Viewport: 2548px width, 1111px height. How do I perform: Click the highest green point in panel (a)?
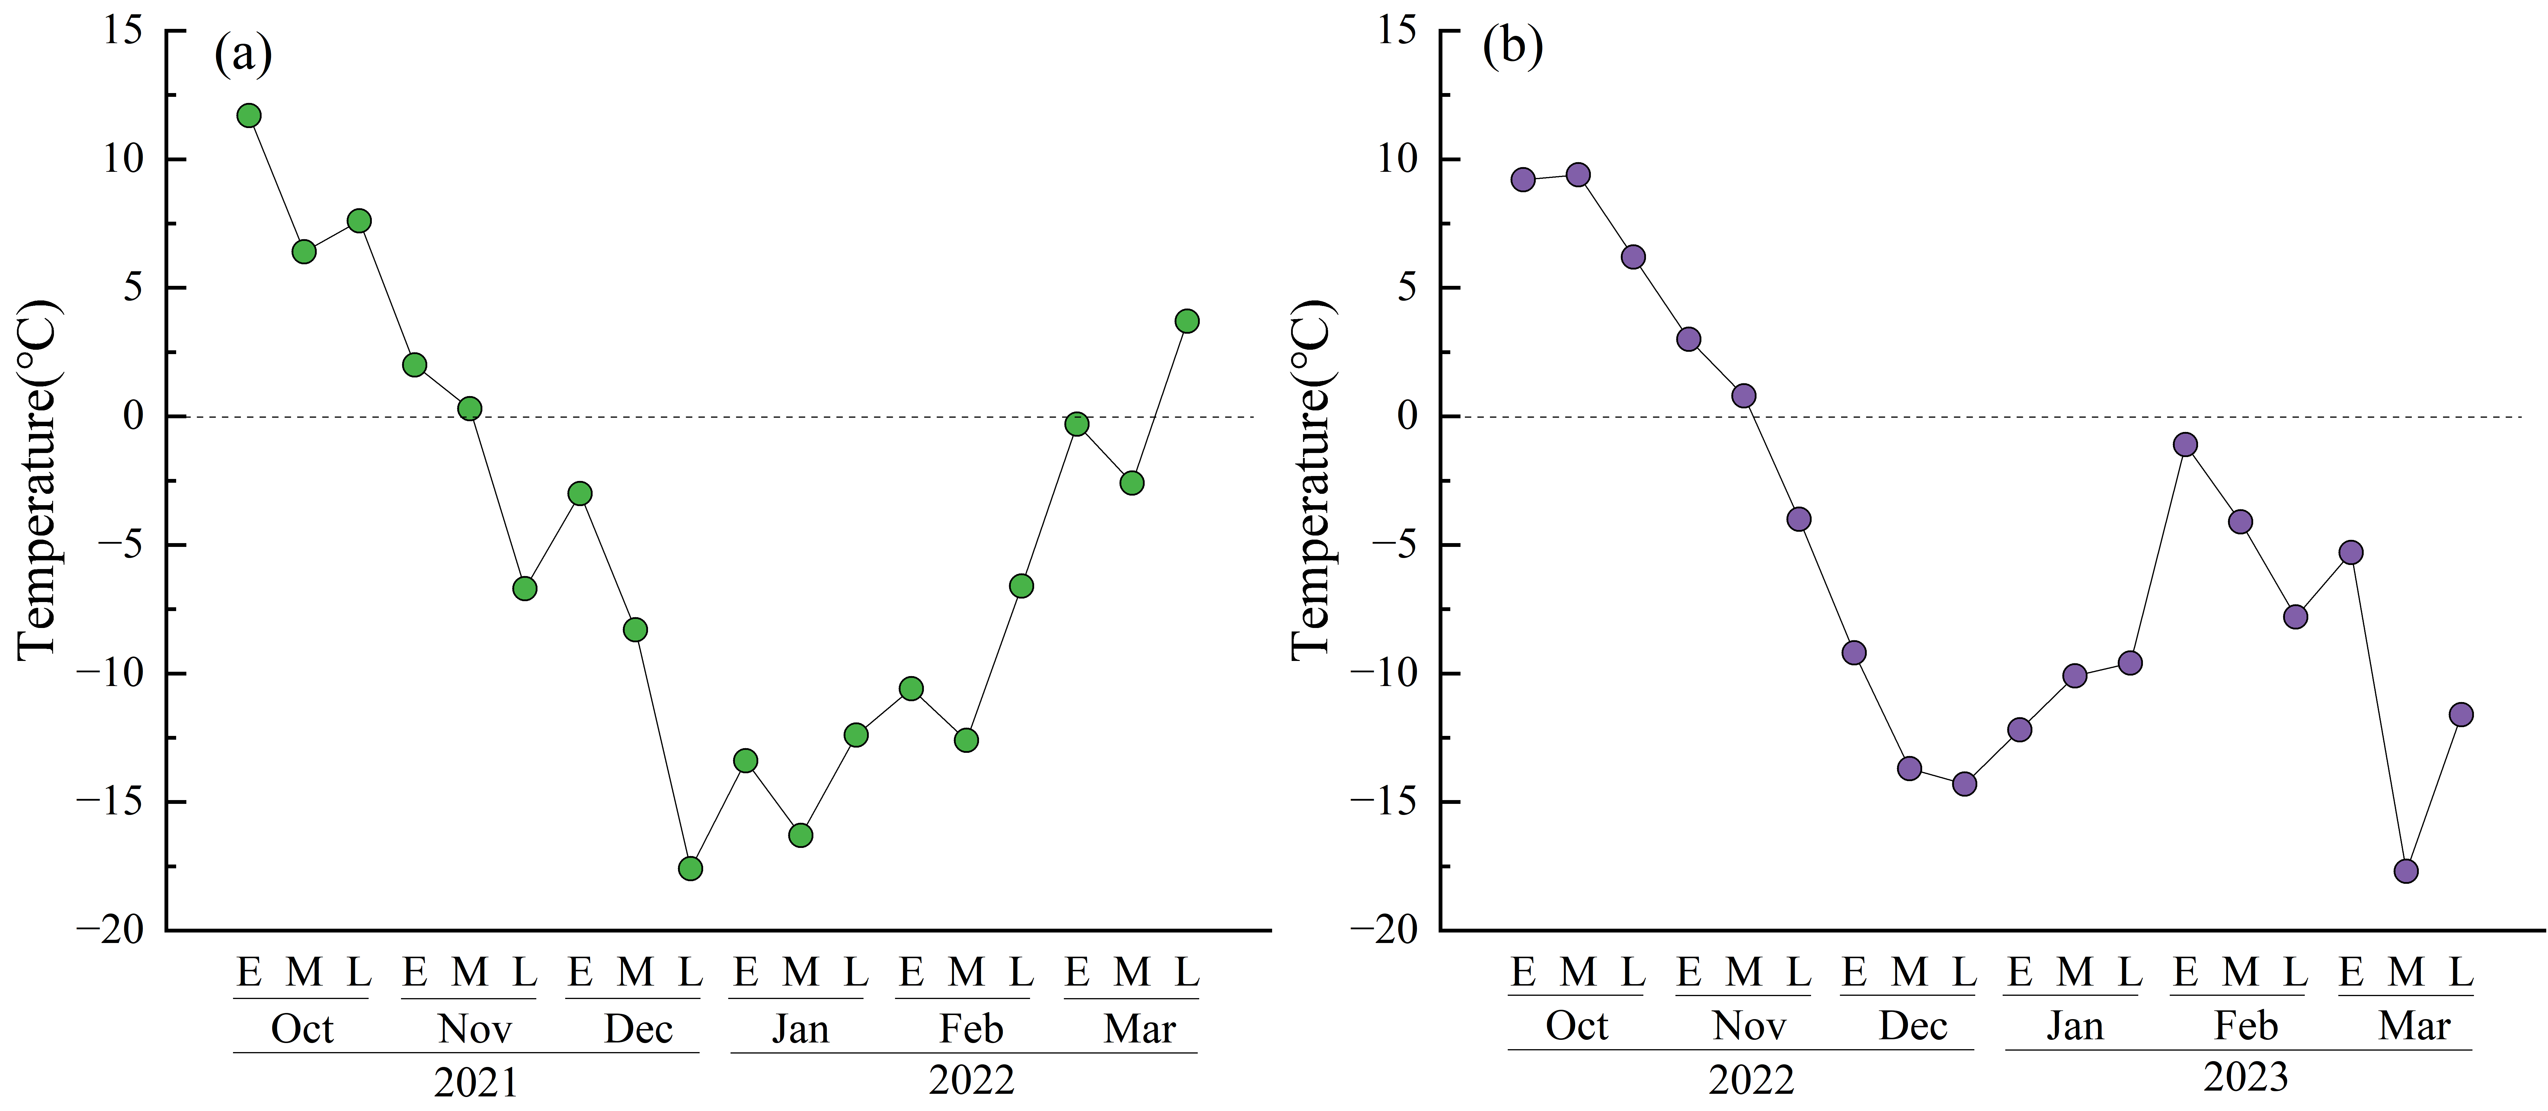pos(249,116)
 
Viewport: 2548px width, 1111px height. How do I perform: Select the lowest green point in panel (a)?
pos(690,869)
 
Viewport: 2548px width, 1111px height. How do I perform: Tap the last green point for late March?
pos(1187,321)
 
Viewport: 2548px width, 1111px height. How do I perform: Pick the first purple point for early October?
pos(1523,179)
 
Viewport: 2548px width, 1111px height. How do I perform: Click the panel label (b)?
pos(1512,46)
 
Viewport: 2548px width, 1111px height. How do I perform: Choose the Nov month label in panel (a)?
pos(475,1029)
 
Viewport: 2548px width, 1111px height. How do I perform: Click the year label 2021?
pos(476,1082)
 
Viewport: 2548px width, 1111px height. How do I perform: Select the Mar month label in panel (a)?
pos(1139,1029)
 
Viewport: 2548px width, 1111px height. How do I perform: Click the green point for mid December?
pos(635,629)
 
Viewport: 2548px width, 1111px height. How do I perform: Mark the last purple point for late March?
pos(2461,714)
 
